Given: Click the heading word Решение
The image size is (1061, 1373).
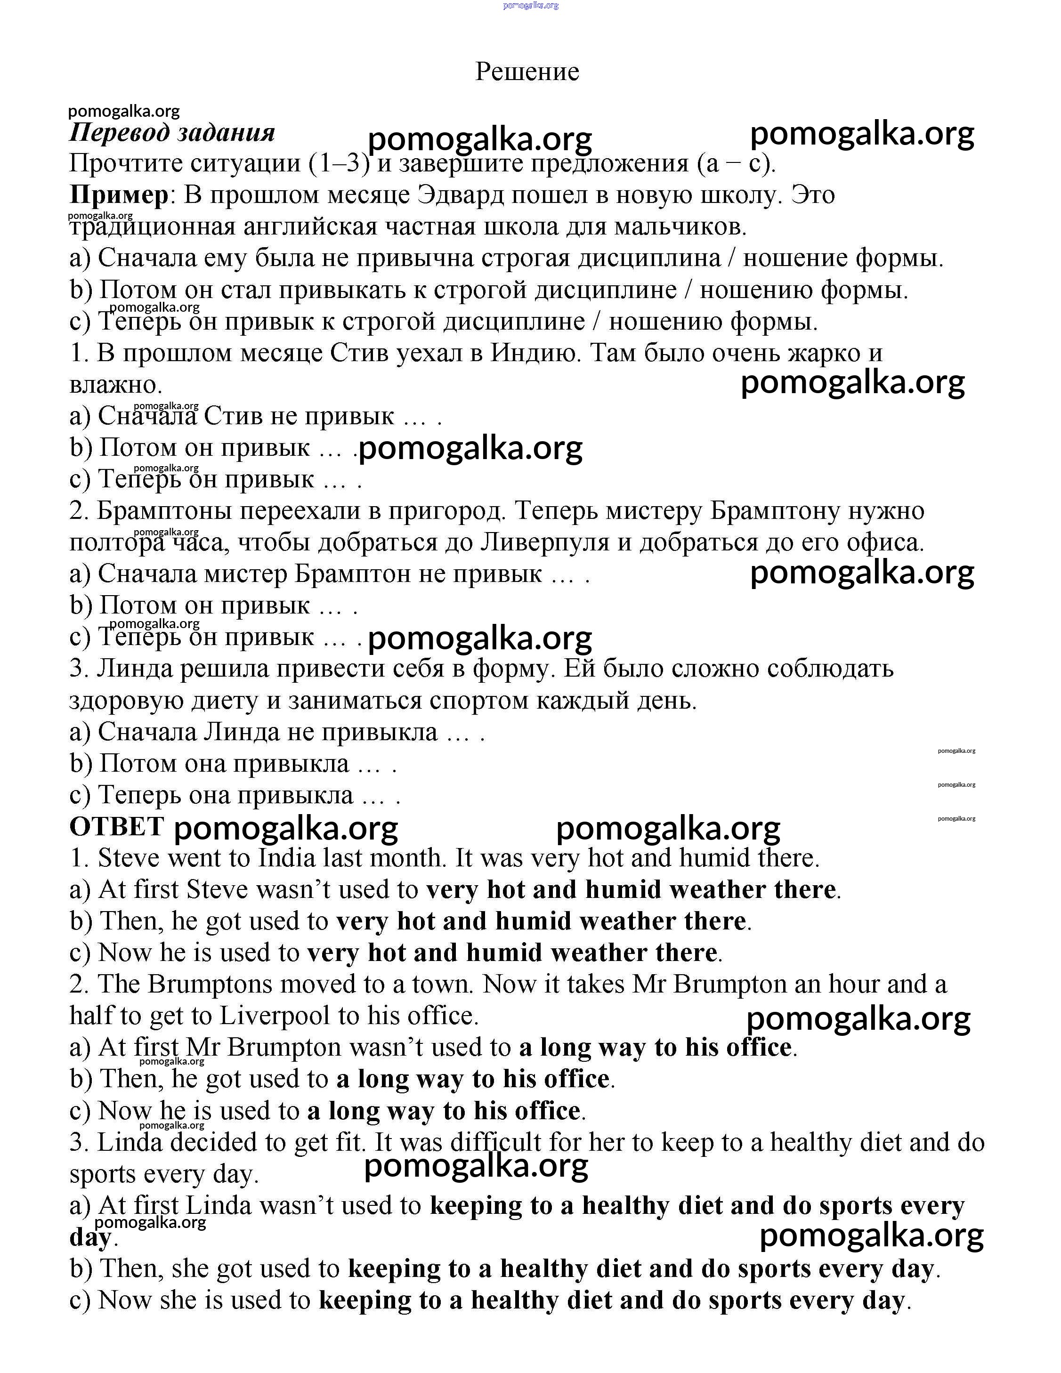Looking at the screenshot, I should click(x=526, y=72).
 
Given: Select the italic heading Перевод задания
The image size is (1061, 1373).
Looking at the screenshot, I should click(x=172, y=133).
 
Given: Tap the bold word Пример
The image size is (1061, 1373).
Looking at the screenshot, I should click(x=119, y=195).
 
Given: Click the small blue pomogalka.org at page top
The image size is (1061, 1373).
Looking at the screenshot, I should click(x=531, y=6).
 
